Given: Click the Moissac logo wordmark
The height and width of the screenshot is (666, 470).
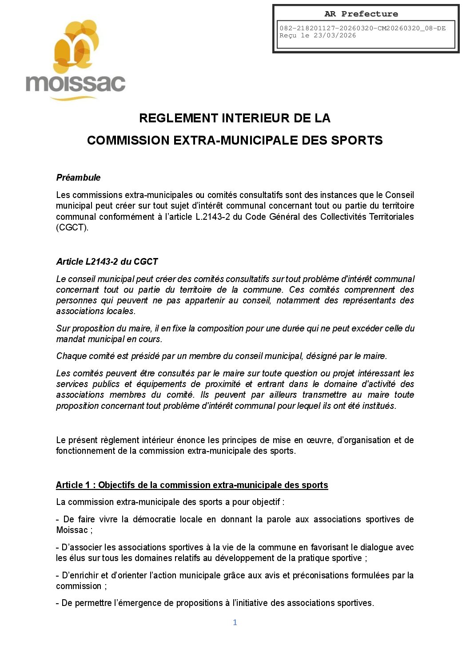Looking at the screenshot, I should point(76,83).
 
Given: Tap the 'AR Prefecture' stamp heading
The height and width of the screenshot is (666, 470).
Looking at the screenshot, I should point(361,14).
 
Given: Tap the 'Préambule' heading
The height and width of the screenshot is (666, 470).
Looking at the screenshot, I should point(78,178).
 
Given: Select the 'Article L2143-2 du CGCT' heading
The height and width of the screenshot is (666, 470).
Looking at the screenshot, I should point(107,262).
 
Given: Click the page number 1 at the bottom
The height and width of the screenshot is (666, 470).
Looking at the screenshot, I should point(235,622).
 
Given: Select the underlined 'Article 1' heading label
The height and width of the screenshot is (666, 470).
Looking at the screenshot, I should point(73,485).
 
